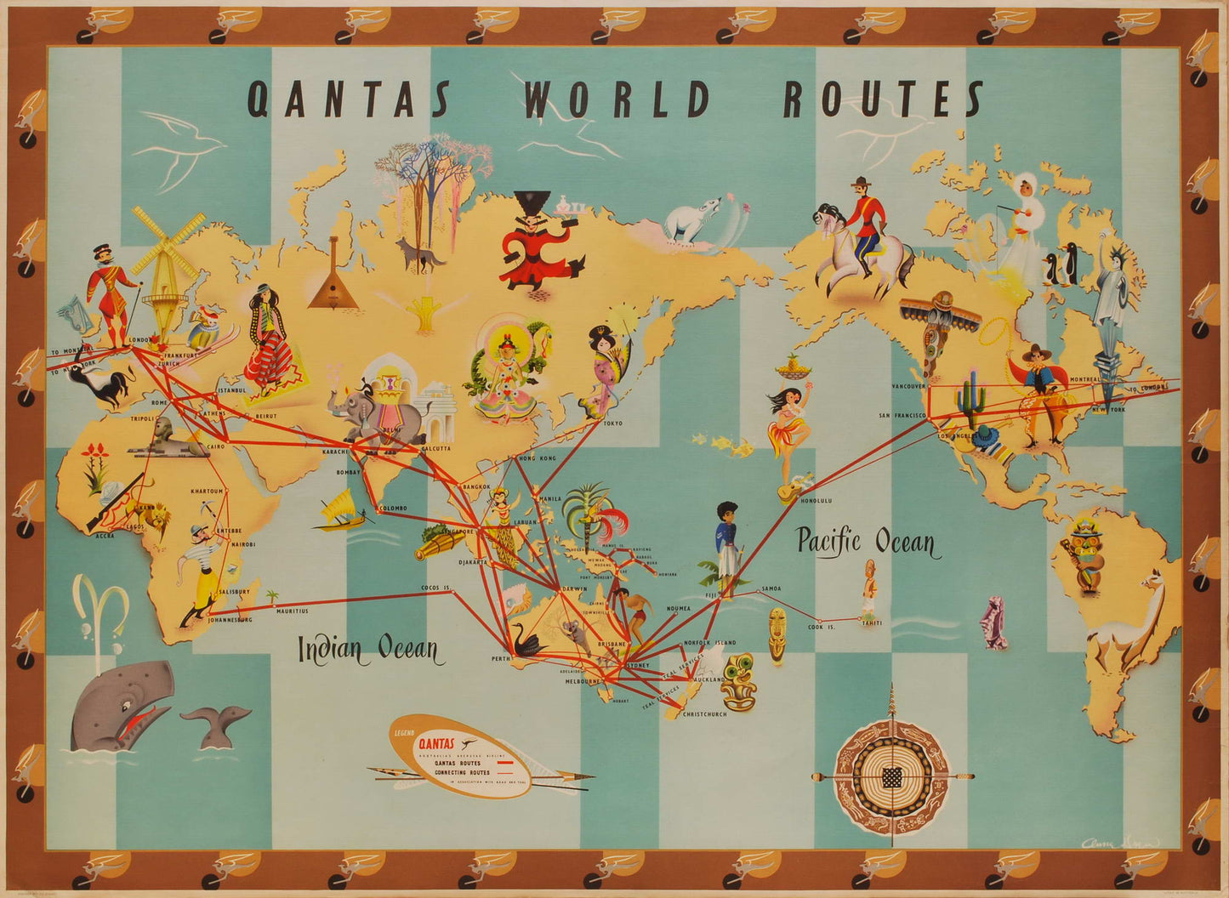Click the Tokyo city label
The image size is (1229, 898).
coord(612,423)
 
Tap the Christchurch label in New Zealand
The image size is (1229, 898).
coord(704,714)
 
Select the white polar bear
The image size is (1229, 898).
coord(690,225)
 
